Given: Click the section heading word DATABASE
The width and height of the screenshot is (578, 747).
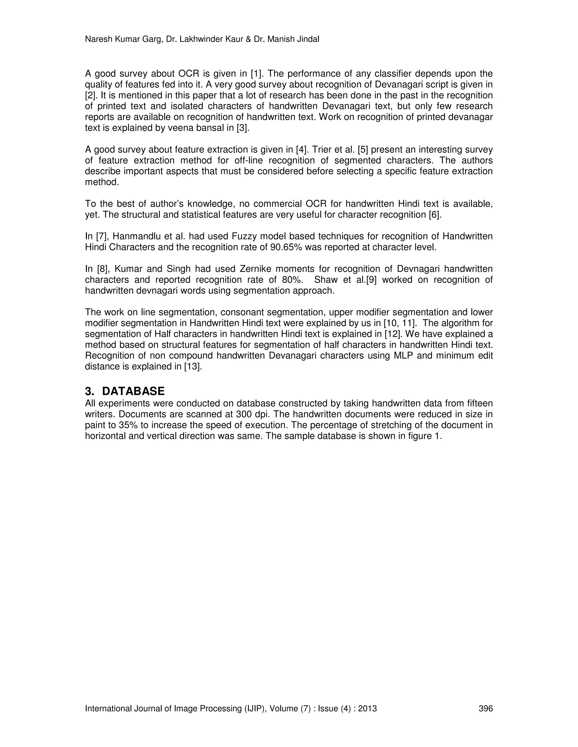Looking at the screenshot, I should [133, 391].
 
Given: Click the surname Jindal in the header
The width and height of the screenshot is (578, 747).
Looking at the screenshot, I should [307, 39].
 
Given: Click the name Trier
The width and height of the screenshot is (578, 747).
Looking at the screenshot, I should [321, 149].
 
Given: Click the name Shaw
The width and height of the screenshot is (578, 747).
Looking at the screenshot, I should [325, 280].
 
